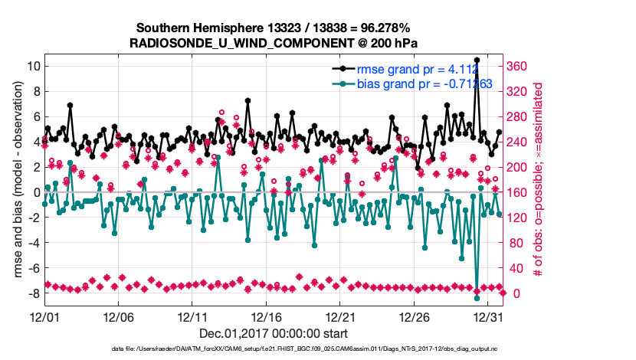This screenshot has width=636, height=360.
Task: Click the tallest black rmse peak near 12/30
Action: [x=477, y=60]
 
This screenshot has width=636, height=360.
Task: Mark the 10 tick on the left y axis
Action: [x=34, y=66]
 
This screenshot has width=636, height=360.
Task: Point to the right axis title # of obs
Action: [x=539, y=180]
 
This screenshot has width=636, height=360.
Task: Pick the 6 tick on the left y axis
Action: [x=34, y=116]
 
